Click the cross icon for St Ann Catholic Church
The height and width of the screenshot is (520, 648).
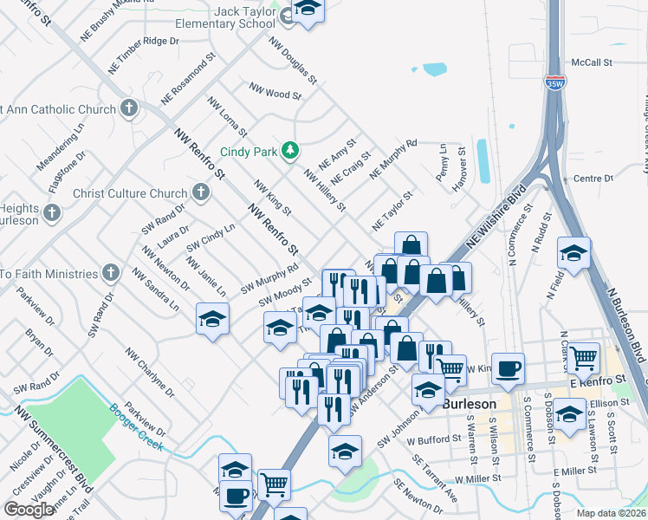129,109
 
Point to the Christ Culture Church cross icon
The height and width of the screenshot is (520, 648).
201,193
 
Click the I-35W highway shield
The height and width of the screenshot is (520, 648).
555,83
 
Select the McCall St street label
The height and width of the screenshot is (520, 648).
593,63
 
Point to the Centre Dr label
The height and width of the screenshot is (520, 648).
593,179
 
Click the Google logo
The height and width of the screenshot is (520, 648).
29,510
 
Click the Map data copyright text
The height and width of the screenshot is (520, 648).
612,513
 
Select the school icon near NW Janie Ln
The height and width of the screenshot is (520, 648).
212,319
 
